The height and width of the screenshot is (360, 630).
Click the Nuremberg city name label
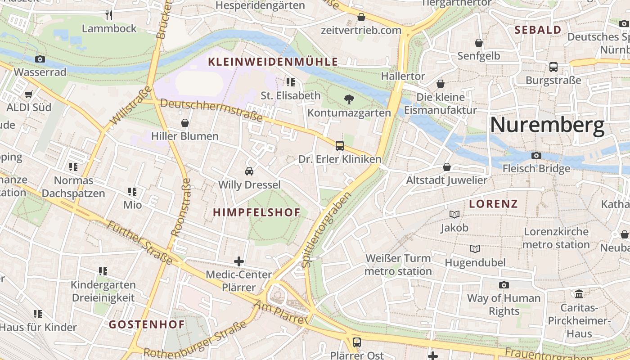pos(547,125)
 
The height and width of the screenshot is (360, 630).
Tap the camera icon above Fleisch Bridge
pos(536,155)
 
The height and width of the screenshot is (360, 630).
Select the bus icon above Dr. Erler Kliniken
pos(339,145)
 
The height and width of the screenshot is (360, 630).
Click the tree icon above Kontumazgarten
pos(348,99)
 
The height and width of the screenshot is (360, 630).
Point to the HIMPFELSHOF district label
pos(256,213)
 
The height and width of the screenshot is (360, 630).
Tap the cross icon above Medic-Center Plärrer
pos(239,261)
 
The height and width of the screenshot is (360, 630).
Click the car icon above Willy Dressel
pos(249,171)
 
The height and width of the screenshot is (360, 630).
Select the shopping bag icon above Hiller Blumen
pos(184,122)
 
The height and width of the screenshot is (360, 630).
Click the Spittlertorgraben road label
pos(327,230)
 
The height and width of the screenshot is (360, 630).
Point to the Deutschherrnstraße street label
pos(211,110)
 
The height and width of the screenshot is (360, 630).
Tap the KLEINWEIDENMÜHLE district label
pos(273,62)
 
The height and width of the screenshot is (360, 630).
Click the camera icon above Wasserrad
pos(40,59)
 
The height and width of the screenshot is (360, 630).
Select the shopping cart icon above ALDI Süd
pos(29,94)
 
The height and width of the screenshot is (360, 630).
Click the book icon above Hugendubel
pos(475,249)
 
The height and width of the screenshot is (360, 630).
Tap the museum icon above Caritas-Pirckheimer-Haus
pos(579,294)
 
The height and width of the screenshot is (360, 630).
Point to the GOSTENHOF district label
pos(147,324)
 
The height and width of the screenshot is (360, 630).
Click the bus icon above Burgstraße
pos(553,67)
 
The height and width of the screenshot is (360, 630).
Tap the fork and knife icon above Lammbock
pos(109,15)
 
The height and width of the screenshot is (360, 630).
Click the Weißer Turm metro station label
pos(398,265)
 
